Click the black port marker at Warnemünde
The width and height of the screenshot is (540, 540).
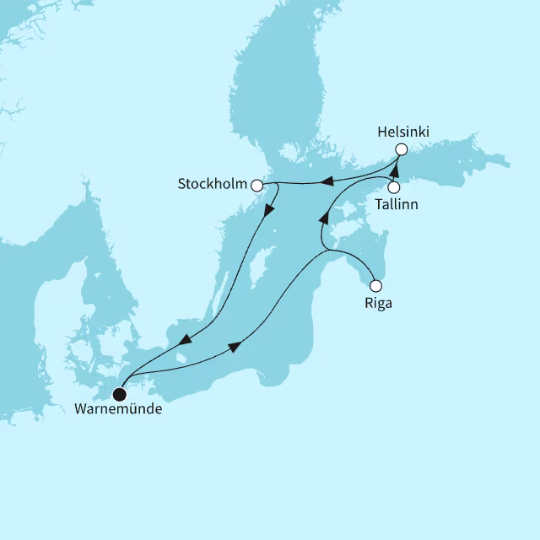120,393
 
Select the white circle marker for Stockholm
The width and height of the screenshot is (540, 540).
256,182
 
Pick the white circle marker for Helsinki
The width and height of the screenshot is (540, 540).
402,150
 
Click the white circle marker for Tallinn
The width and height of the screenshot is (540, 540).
393,187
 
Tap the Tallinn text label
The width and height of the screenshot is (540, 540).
397,204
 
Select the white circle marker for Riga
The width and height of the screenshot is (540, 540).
376,285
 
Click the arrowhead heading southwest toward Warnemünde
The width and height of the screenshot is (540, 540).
184,341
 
